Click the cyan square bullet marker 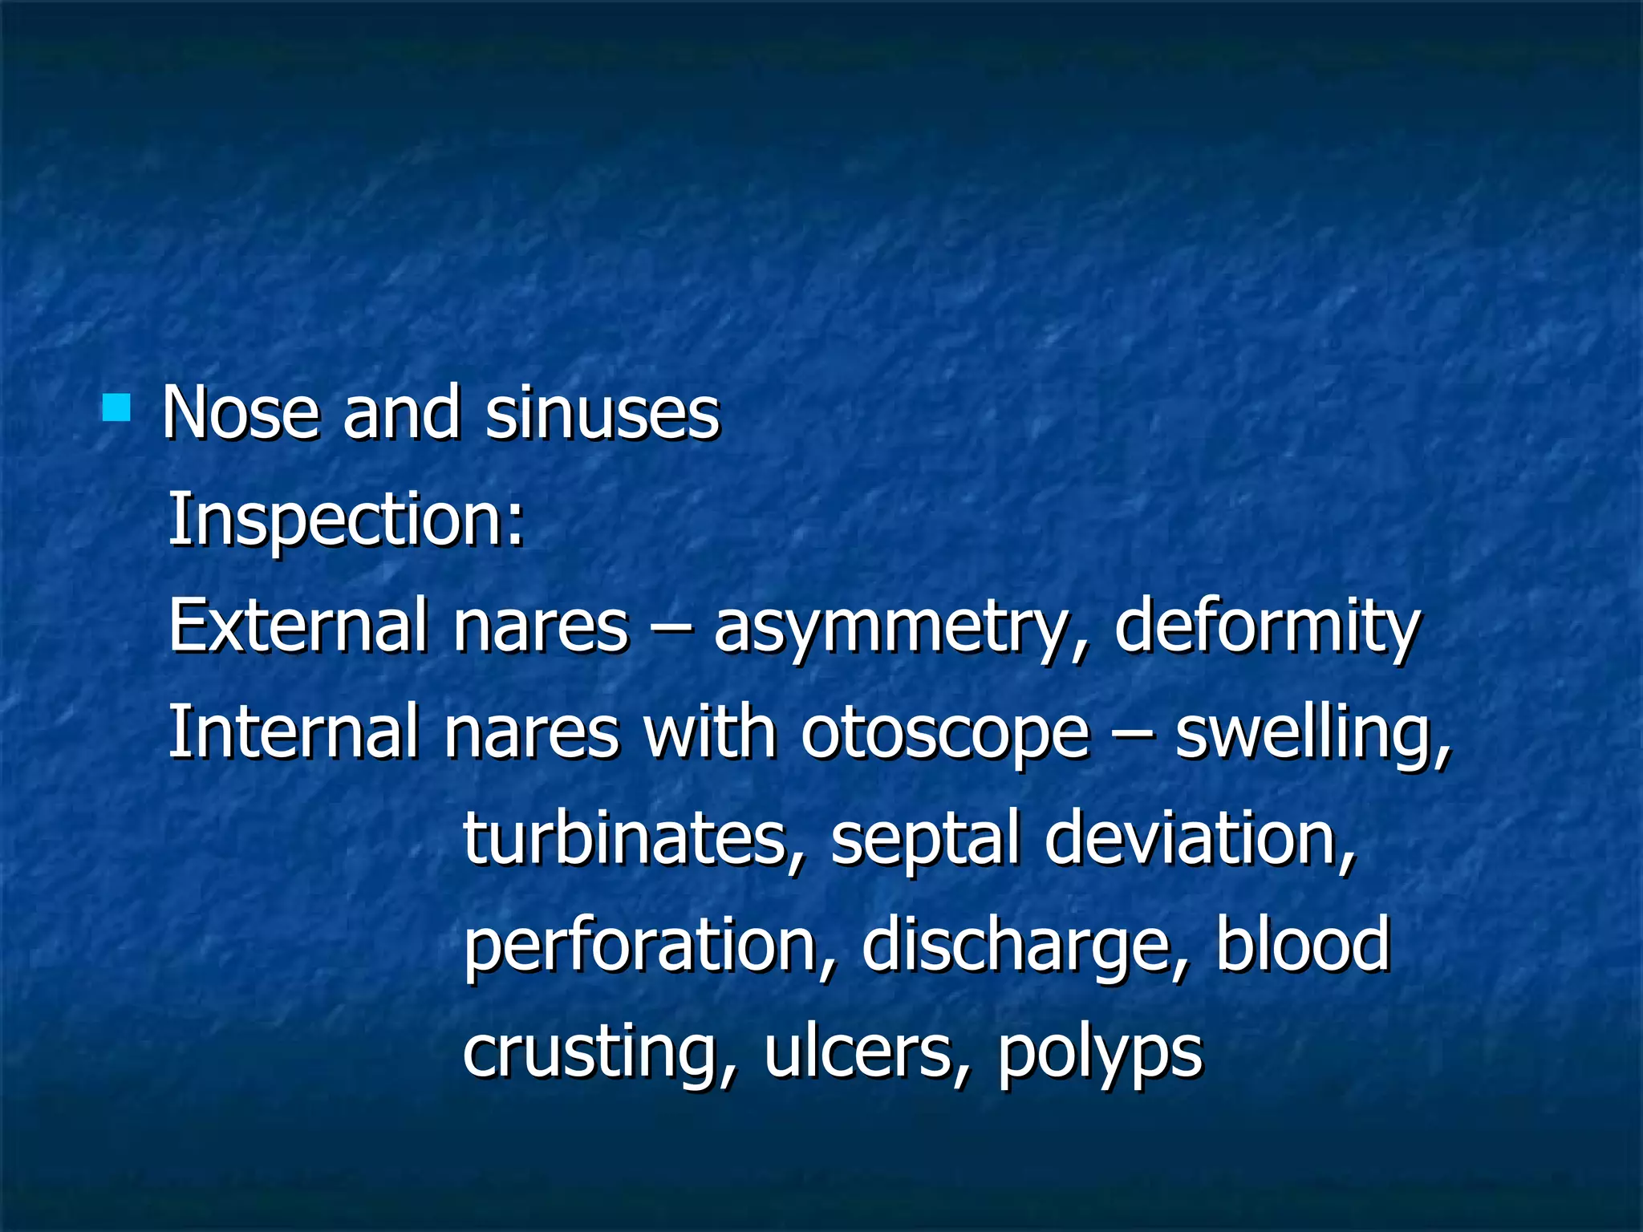click(116, 407)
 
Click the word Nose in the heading click(241, 413)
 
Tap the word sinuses click(602, 413)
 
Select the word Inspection click(345, 520)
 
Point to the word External click(297, 626)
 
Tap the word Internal click(294, 731)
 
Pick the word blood click(1304, 944)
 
